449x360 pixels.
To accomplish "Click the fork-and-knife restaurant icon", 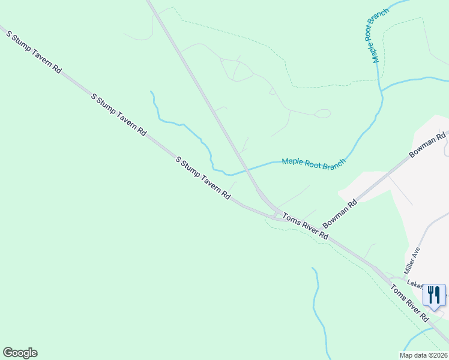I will [434, 295].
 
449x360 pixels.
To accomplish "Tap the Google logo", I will [20, 353].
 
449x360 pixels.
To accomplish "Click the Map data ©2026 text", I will [423, 355].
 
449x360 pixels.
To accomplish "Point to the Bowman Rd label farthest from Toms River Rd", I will [428, 145].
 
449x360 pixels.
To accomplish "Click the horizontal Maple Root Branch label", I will [314, 162].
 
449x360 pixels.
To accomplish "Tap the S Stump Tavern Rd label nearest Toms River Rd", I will [203, 178].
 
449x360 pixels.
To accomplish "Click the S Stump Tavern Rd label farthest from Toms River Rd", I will [34, 52].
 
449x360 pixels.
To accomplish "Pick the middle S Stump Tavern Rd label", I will [118, 114].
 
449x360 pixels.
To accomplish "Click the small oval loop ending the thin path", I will [324, 113].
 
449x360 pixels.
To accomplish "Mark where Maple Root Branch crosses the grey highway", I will [243, 170].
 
